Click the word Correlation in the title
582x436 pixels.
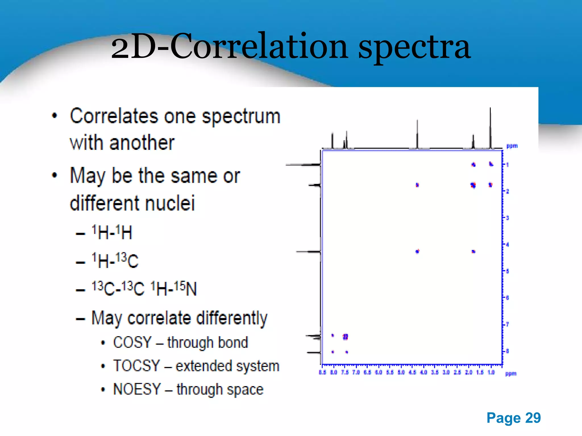pos(259,46)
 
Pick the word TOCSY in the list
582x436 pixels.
pos(136,366)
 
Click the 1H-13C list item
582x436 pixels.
pos(115,261)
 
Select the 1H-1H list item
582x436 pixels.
pos(112,232)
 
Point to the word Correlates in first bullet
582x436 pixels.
pos(114,116)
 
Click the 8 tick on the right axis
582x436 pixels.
pos(508,351)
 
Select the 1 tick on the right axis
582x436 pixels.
pos(507,165)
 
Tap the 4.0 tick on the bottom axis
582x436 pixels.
pos(423,372)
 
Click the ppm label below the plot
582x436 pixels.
pos(511,374)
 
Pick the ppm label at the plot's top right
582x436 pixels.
pos(512,146)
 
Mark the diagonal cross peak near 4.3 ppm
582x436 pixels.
pos(417,251)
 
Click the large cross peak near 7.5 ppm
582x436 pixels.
pos(345,337)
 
